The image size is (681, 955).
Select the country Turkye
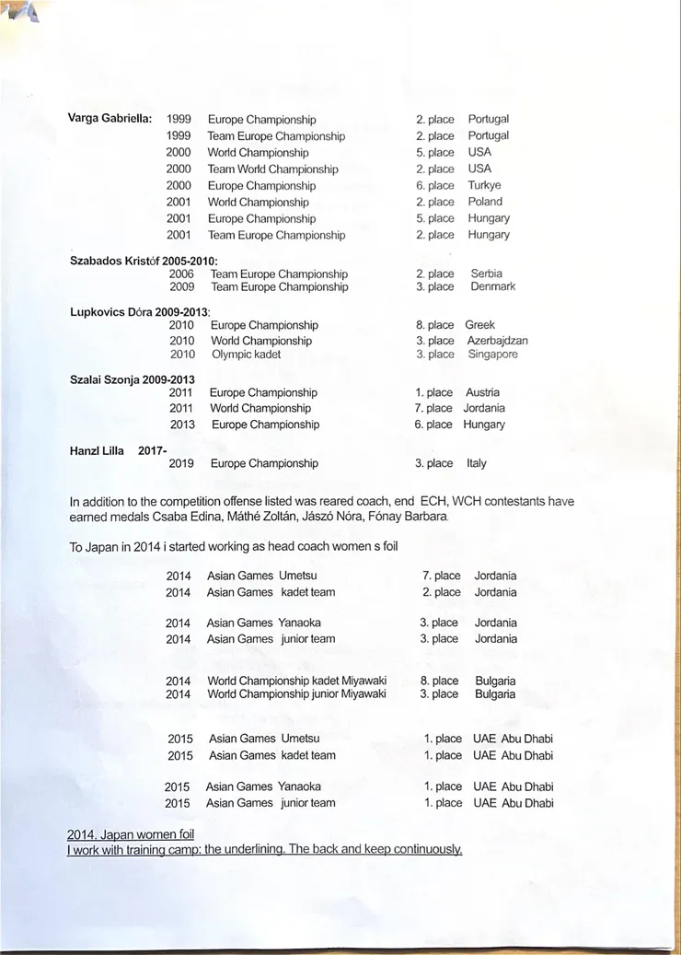pos(484,185)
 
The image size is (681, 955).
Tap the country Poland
pos(485,202)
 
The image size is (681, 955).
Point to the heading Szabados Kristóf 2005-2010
pos(144,261)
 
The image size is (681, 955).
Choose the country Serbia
pos(487,274)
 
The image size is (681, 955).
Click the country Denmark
pos(492,286)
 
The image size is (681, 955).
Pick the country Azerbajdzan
pos(497,341)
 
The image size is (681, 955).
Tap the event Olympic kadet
pos(246,354)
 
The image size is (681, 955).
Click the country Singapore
pos(492,354)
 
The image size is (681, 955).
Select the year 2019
pos(181,463)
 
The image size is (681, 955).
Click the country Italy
pos(477,463)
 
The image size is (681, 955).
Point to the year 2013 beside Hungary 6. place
pos(182,425)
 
